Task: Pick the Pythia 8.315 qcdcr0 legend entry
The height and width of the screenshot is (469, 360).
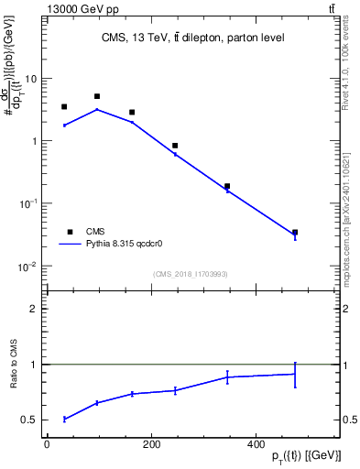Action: [110, 245]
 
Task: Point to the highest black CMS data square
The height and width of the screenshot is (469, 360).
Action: [97, 96]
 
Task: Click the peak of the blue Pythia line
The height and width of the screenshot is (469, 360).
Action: [97, 109]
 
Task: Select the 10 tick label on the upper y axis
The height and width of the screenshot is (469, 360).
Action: [30, 79]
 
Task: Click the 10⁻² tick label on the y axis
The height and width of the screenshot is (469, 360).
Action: [27, 267]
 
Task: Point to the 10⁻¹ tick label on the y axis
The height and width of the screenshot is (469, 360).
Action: [27, 204]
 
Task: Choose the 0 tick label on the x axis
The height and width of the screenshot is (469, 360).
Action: [46, 444]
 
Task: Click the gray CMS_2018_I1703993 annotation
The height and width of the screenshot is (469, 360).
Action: [191, 274]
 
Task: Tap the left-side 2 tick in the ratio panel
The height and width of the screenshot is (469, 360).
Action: [33, 309]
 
